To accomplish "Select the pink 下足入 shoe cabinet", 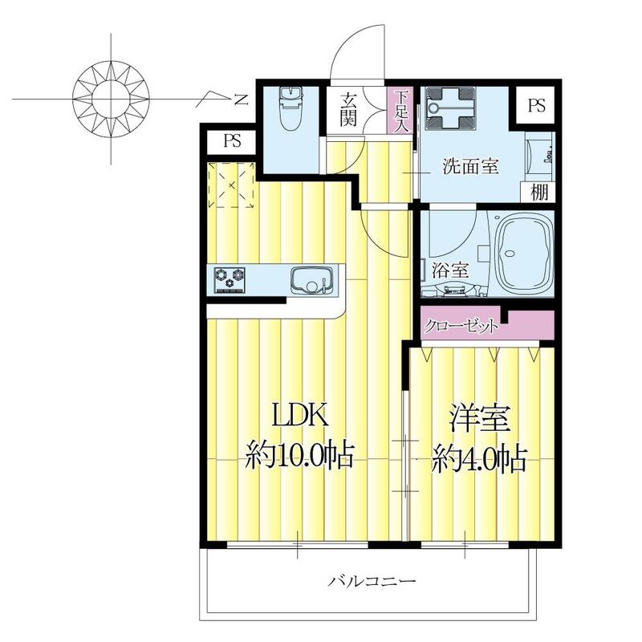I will pos(402,111).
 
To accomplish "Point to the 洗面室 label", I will pos(472,167).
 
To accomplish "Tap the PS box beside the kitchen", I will pos(233,142).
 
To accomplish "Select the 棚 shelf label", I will pos(539,193).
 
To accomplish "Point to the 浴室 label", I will pos(449,270).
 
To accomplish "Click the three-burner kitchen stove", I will pos(230,279).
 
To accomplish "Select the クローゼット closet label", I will pos(461,327).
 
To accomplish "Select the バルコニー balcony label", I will pos(372,580).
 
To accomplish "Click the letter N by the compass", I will pos(240,100).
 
